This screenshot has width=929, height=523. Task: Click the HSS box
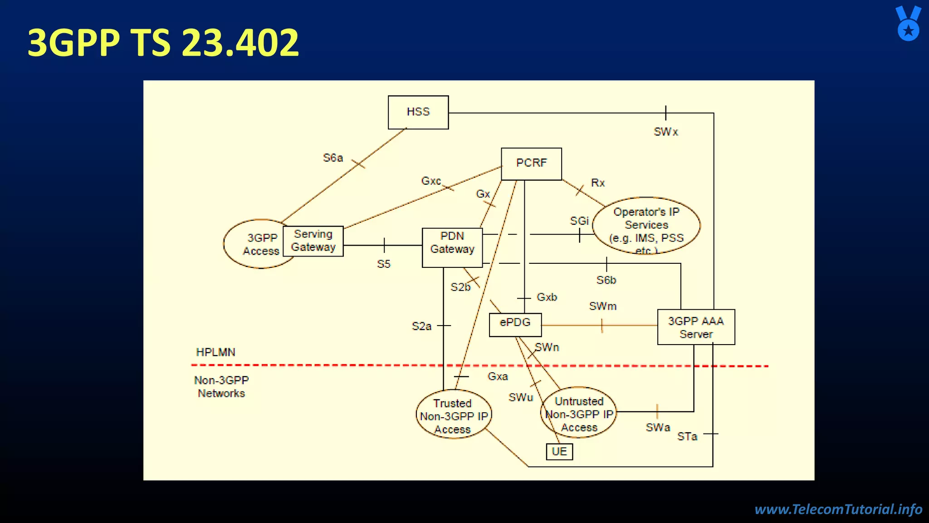pos(418,112)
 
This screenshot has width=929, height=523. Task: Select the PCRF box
pos(531,163)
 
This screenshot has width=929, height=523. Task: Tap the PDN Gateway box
pos(452,247)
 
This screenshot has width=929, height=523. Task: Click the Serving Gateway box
pos(313,241)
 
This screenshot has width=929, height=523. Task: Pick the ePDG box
pos(515,324)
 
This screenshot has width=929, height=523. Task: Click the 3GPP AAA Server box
pos(696,327)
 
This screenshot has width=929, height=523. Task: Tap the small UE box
pos(559,452)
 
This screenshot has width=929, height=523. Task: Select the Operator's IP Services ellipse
pos(646,226)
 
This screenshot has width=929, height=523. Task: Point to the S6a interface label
pos(333,158)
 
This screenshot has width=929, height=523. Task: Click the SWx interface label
pos(665,132)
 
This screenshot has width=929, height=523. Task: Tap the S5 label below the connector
pos(383,264)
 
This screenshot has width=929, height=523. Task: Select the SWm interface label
pos(602,306)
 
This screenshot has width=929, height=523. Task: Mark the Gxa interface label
pos(498,377)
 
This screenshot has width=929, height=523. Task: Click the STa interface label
pos(687,437)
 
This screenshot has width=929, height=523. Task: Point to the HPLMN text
pos(215,352)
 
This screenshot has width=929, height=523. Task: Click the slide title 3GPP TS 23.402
pos(163,43)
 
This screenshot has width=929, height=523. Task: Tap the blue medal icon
pos(908,24)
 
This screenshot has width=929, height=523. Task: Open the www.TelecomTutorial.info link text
pos(838,509)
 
